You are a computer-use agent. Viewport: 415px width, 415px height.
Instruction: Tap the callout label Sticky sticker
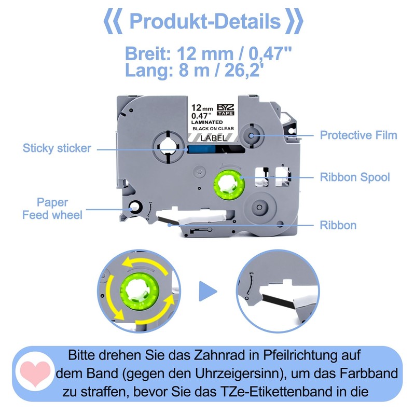click(x=57, y=148)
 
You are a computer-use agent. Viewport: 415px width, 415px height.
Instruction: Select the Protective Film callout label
click(x=358, y=135)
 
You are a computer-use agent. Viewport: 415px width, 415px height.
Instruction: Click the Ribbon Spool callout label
click(x=355, y=177)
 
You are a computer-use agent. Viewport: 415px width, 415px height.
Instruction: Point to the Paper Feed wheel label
click(x=52, y=208)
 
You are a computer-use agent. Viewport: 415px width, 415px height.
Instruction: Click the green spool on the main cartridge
click(x=229, y=183)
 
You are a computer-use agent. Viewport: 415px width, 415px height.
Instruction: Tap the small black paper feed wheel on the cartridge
click(x=134, y=207)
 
